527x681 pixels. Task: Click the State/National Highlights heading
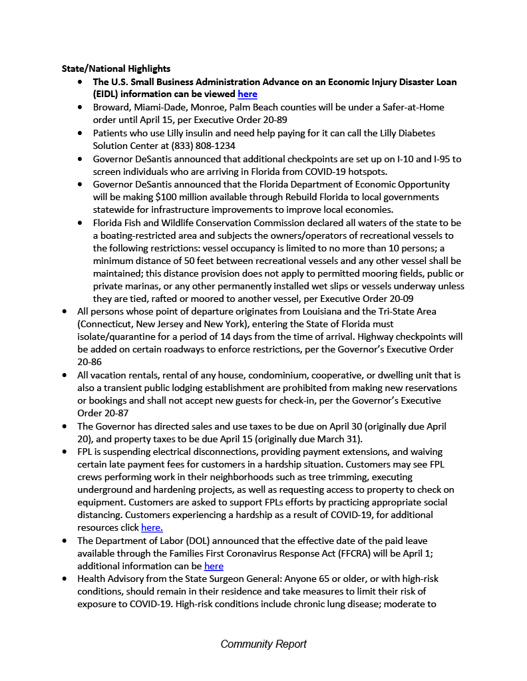(116, 68)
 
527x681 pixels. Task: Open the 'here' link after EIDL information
(247, 94)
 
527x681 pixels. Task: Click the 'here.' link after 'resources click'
(152, 527)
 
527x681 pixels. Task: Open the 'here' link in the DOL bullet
(214, 566)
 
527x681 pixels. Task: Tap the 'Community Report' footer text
(263, 644)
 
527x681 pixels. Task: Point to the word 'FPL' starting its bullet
(86, 451)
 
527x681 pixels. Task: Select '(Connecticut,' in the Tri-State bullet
(106, 324)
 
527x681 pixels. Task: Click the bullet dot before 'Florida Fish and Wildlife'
(80, 223)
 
